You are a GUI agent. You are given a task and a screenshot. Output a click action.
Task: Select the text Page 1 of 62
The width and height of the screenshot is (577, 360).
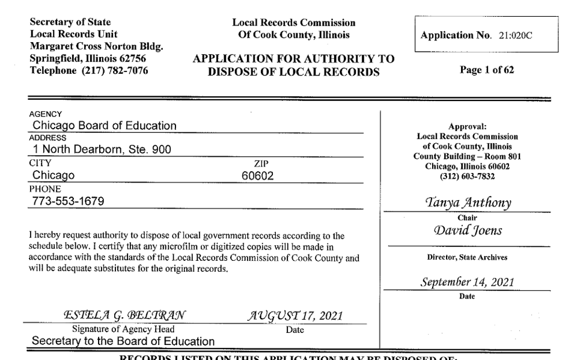pyautogui.click(x=486, y=70)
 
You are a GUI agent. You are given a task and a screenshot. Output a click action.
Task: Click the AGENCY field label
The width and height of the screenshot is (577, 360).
pyautogui.click(x=44, y=114)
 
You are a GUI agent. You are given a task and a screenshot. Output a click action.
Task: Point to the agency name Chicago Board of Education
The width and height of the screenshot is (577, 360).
pyautogui.click(x=105, y=126)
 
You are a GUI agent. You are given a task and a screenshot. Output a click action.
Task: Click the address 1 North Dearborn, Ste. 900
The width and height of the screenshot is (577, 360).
pyautogui.click(x=102, y=150)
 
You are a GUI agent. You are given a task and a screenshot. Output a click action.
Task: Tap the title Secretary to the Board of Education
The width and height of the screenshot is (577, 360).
pyautogui.click(x=123, y=341)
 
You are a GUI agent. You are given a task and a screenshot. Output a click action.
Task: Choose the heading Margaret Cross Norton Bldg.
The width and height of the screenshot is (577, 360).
pyautogui.click(x=97, y=46)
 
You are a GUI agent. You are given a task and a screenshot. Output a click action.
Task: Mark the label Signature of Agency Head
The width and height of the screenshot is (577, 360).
pyautogui.click(x=123, y=329)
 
